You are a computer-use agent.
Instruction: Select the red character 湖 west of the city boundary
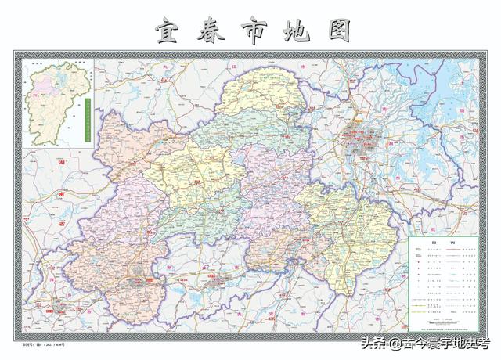pos(61,163)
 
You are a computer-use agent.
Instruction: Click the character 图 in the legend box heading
pos(431,245)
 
